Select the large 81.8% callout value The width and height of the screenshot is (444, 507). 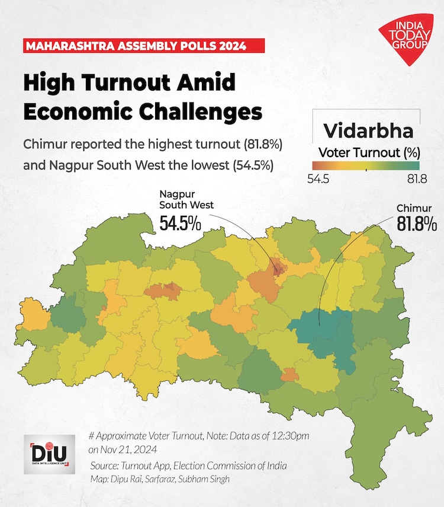click(x=417, y=224)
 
